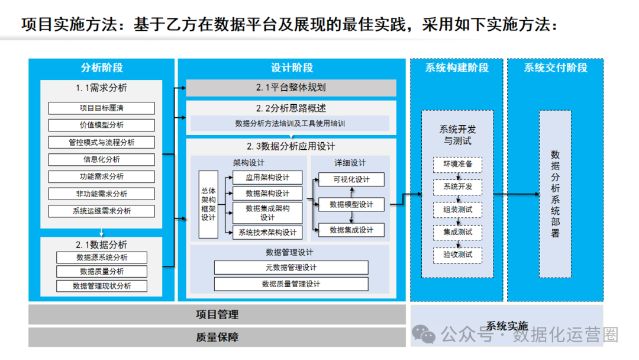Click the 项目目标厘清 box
click(x=101, y=108)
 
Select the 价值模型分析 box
click(x=101, y=125)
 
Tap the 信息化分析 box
click(x=101, y=159)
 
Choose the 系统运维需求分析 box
click(x=101, y=211)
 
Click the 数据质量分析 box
click(x=101, y=271)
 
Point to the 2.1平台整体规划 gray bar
click(x=291, y=88)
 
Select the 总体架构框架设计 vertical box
click(x=208, y=204)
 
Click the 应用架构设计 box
click(x=267, y=178)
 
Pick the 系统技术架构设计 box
click(x=267, y=233)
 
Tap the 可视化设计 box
click(x=351, y=179)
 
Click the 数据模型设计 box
click(x=351, y=204)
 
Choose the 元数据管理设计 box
click(x=291, y=268)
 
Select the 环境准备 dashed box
click(x=457, y=164)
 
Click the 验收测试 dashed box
click(x=457, y=255)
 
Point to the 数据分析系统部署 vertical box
click(x=555, y=194)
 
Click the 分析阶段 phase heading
click(x=101, y=67)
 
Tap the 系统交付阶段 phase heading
click(x=555, y=67)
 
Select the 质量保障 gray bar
click(x=217, y=337)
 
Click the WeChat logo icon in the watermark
click(x=424, y=334)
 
